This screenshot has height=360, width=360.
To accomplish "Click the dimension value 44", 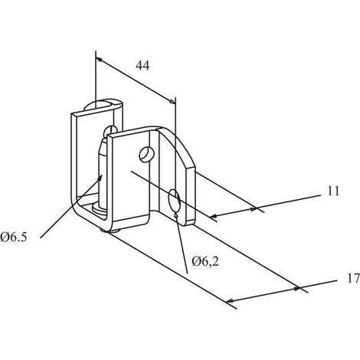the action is click(142, 66).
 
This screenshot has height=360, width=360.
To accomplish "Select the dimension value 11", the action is click(333, 191).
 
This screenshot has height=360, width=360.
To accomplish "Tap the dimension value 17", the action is click(354, 279).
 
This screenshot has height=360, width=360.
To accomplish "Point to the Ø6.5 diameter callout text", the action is click(14, 237).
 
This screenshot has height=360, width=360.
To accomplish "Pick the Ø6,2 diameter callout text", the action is click(205, 262).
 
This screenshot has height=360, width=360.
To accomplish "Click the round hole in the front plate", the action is click(146, 154).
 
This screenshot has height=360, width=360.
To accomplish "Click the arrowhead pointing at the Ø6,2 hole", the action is click(176, 215).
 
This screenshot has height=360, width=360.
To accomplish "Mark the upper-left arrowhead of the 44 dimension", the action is click(99, 60).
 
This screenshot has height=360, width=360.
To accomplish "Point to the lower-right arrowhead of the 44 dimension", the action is click(172, 102).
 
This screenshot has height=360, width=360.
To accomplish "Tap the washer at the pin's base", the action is click(100, 208).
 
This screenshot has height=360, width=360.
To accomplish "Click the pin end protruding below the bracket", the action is click(110, 231).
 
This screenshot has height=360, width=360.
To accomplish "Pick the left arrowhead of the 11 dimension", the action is click(214, 217).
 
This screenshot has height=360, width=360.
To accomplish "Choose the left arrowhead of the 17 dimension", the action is click(230, 300).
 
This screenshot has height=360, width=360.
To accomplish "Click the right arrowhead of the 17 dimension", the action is click(296, 289).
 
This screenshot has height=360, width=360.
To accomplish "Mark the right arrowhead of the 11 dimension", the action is click(253, 209).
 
